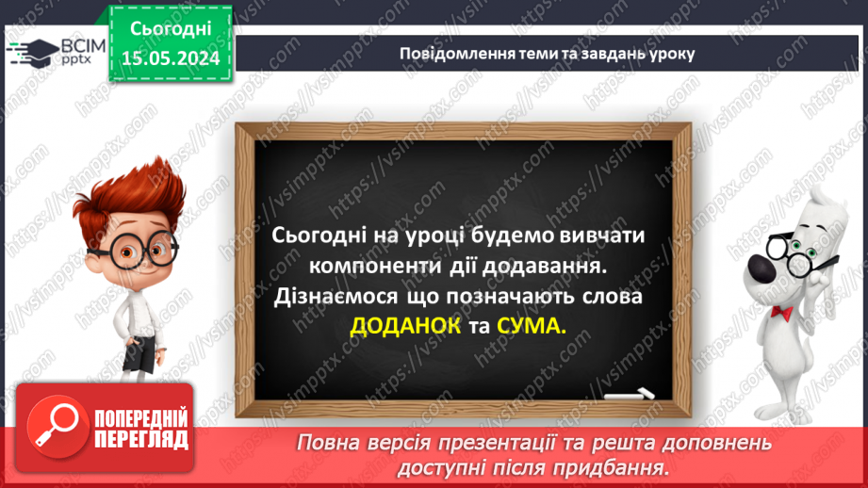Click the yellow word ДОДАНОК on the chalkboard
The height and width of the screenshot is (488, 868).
point(405,327)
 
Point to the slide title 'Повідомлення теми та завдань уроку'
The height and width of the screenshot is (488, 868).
point(547,54)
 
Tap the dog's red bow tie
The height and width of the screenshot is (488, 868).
point(780,312)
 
